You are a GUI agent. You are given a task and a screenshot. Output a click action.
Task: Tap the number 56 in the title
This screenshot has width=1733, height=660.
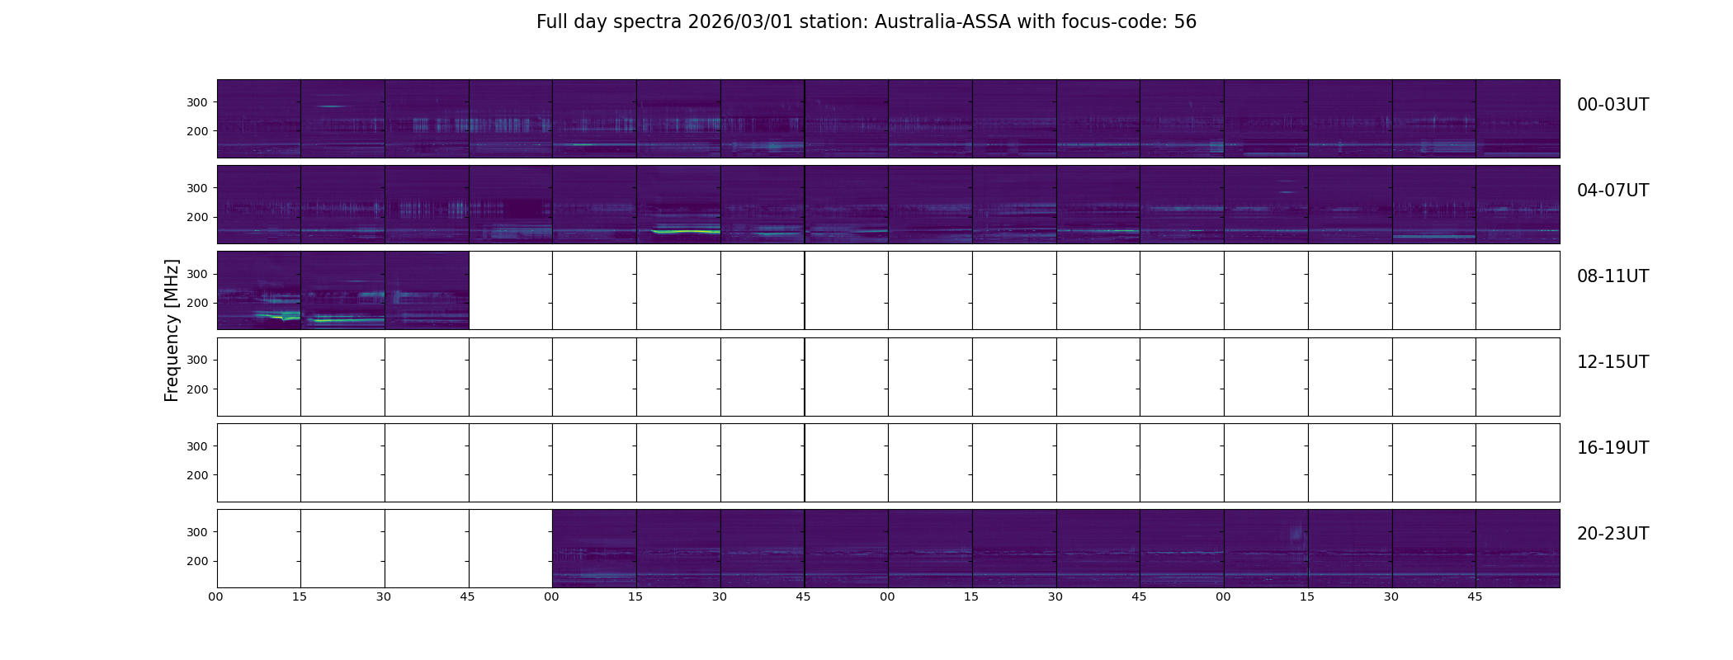click(1185, 22)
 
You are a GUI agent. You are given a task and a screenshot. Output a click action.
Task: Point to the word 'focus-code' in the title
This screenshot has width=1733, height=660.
click(1123, 22)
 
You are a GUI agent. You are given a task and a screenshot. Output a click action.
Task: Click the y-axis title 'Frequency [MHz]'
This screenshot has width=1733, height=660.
click(172, 330)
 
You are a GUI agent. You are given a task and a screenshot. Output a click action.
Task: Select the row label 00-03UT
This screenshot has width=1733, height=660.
click(1613, 105)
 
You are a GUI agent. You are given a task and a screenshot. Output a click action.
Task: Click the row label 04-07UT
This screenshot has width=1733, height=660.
click(1613, 191)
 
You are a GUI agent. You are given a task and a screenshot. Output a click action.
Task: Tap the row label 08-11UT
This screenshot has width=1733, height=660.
click(1613, 276)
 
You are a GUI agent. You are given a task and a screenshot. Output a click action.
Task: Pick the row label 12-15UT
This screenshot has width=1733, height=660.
click(1613, 362)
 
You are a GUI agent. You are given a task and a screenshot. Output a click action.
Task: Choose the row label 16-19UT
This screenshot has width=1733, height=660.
click(1613, 448)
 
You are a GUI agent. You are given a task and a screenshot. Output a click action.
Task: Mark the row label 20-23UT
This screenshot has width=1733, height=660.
click(1613, 534)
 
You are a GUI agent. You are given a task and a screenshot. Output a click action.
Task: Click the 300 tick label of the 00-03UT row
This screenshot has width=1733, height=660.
click(196, 102)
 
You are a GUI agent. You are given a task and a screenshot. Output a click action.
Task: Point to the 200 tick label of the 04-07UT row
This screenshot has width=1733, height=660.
click(196, 217)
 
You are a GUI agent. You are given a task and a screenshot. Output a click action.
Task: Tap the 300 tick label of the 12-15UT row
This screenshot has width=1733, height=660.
click(196, 360)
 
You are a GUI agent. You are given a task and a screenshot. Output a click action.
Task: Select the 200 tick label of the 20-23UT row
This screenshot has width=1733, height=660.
click(196, 561)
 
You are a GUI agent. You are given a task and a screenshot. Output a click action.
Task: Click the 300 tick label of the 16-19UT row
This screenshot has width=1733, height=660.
click(196, 446)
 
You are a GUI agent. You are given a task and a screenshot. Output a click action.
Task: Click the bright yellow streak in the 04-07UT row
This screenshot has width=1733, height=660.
click(685, 232)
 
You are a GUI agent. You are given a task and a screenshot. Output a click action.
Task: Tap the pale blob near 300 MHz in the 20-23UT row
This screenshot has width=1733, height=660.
click(1296, 534)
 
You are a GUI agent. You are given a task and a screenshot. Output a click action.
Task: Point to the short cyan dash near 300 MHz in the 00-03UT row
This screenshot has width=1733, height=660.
click(332, 106)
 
